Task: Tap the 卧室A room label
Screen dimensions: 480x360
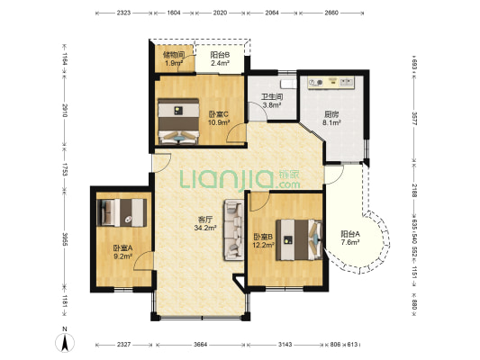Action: (122, 248)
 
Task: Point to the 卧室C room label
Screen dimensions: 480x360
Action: (219, 114)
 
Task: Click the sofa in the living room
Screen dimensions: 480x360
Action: (233, 230)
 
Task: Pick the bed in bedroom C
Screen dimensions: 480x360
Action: (178, 121)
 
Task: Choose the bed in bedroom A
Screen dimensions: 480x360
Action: (122, 212)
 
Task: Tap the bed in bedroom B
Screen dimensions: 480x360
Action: (299, 239)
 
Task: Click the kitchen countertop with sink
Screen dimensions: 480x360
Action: (331, 83)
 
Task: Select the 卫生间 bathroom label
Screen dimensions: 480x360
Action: (272, 97)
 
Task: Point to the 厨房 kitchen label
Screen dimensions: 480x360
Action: (331, 114)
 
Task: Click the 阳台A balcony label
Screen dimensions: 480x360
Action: (350, 234)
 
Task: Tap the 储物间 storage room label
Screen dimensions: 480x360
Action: (174, 55)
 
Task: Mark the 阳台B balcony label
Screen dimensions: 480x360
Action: (220, 55)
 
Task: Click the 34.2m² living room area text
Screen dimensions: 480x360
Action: (205, 228)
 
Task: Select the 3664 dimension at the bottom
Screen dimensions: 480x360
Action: (200, 345)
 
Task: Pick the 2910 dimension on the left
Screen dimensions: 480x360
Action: (65, 111)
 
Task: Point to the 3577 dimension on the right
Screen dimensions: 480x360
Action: (414, 119)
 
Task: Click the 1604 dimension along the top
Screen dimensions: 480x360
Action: (174, 13)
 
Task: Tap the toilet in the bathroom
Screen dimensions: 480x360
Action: (288, 84)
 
